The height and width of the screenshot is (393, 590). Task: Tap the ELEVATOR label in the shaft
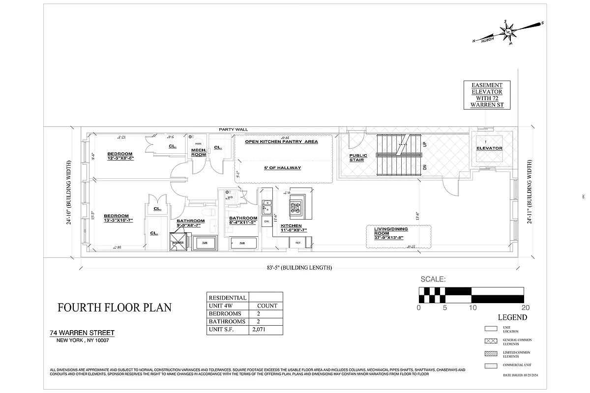[x=489, y=148]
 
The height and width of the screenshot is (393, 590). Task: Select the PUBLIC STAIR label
[x=358, y=158]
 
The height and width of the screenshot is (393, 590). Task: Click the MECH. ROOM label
[x=198, y=152]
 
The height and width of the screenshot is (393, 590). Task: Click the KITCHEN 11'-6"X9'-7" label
[x=294, y=228]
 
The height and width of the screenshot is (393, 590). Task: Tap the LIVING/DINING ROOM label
[x=391, y=234]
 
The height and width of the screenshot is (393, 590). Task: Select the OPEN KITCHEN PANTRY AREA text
[x=281, y=141]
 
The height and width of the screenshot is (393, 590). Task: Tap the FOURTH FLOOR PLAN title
[x=115, y=308]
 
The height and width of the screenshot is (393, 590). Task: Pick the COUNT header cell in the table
[x=267, y=306]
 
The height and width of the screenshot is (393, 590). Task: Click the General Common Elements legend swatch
[x=492, y=341]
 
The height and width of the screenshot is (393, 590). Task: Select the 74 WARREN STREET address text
[x=82, y=333]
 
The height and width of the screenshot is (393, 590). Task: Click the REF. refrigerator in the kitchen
[x=298, y=243]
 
